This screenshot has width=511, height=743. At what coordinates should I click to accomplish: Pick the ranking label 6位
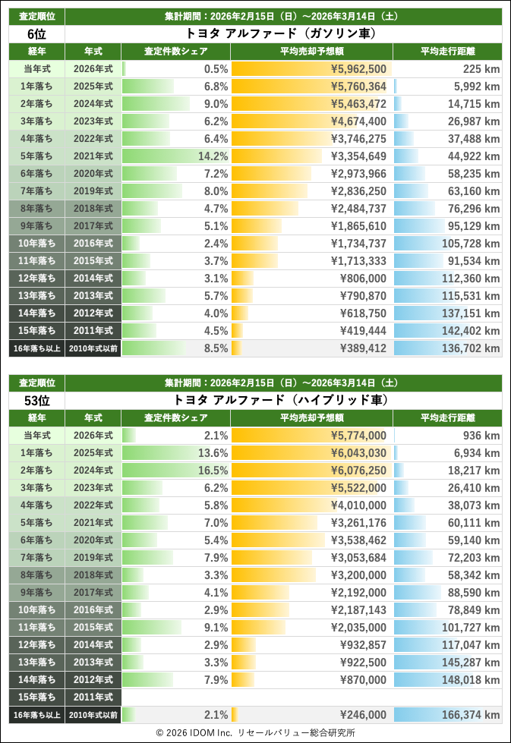coord(36,33)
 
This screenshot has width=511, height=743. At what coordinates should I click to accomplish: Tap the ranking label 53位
coord(36,400)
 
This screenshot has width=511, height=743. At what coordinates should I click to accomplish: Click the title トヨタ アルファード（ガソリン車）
coord(282,33)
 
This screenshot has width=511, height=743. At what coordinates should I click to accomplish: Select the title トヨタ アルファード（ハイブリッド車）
coord(282,400)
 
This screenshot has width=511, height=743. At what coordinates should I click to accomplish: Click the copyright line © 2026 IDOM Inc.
coord(255,733)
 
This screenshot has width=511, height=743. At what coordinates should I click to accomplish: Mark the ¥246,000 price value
coord(363,715)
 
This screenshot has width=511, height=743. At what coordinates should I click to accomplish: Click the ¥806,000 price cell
coord(363,279)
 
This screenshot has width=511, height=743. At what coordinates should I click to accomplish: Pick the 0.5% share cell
coord(216,69)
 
